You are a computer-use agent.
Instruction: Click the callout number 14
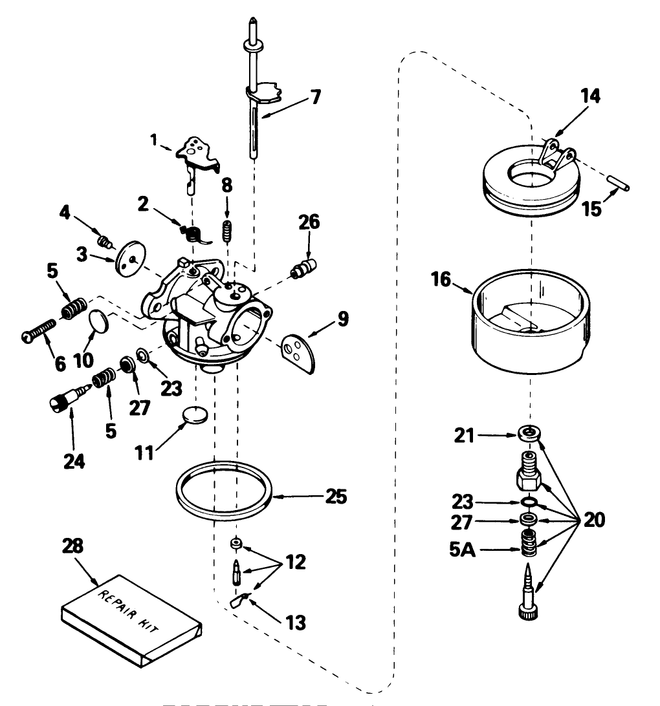tap(589, 96)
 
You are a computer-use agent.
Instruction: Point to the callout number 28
tap(72, 547)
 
